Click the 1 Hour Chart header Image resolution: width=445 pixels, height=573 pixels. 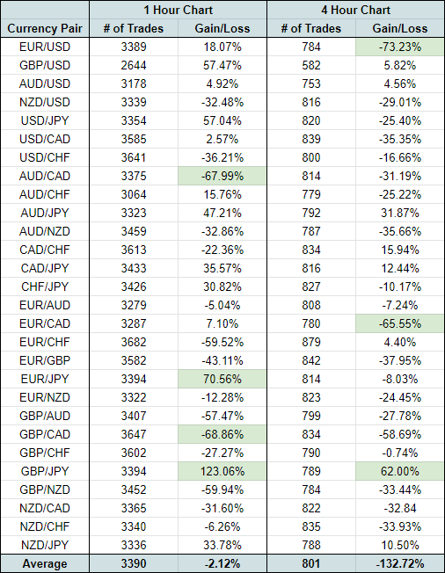tap(178, 10)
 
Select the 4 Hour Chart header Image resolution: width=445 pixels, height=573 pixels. tap(356, 10)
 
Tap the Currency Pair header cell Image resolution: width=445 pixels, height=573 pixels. tap(45, 28)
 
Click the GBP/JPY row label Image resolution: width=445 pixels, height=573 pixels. tap(45, 471)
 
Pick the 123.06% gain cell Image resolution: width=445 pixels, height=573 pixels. tap(222, 471)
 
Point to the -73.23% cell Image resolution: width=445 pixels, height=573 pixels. tap(400, 47)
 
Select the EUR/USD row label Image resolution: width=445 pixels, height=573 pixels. tap(45, 47)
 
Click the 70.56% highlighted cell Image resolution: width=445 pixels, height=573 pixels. tap(222, 379)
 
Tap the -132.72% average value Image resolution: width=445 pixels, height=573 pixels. tap(400, 563)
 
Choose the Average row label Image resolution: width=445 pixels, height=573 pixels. tap(45, 563)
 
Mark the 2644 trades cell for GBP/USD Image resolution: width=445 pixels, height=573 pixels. tap(134, 65)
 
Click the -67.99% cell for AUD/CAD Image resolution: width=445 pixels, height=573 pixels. tap(222, 176)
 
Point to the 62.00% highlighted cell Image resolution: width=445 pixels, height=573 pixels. tap(400, 471)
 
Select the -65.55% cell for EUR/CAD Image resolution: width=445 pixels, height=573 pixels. tap(400, 323)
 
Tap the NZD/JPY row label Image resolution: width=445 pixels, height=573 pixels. tap(45, 545)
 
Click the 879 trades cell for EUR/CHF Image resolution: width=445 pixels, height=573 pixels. tap(311, 342)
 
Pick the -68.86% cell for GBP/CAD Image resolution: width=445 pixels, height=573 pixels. tap(222, 434)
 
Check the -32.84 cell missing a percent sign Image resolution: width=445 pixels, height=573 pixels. tap(400, 508)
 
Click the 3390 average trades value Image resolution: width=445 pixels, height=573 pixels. tap(134, 563)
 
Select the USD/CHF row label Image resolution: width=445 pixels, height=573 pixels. tap(45, 157)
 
